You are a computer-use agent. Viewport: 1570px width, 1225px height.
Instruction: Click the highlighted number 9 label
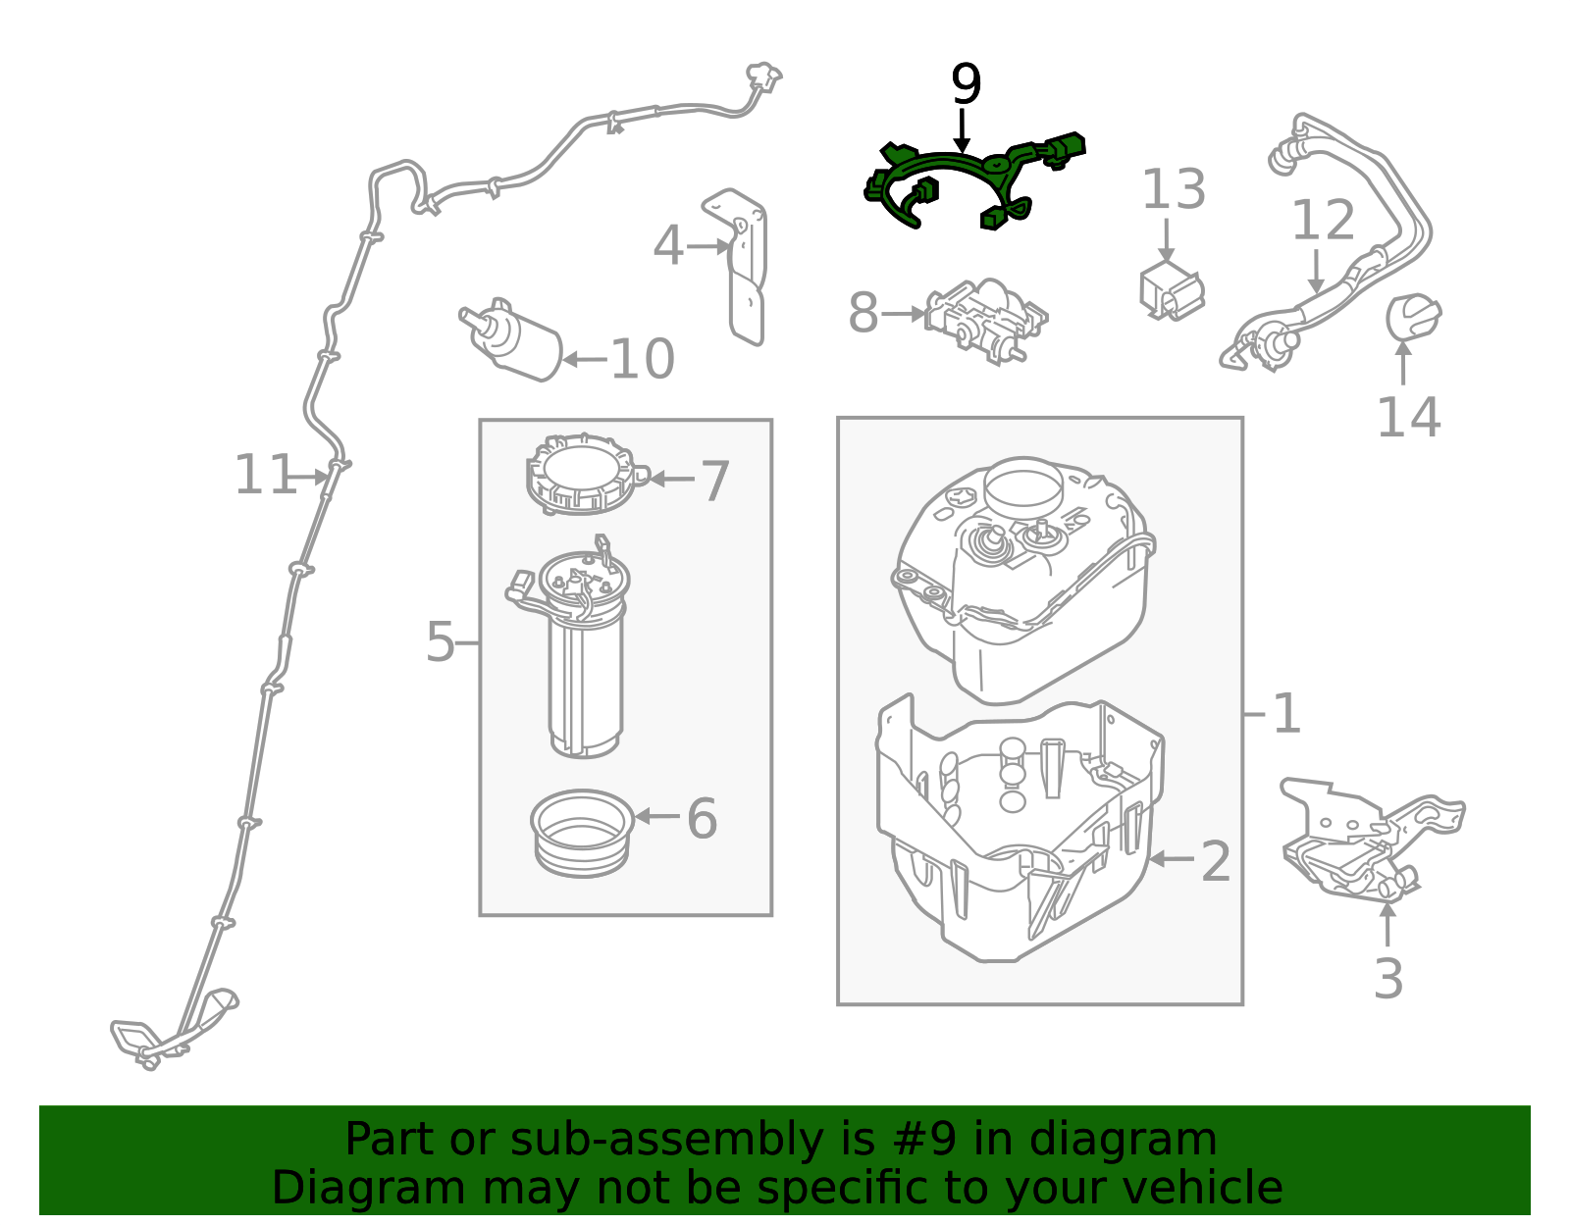(966, 83)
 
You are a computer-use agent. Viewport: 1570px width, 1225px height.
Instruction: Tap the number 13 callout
(1174, 190)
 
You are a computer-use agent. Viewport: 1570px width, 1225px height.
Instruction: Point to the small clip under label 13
(1172, 291)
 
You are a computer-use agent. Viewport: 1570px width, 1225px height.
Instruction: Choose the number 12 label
(1322, 220)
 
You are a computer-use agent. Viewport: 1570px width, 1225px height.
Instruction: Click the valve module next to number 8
(986, 322)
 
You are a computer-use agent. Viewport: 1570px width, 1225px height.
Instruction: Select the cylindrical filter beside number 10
(511, 339)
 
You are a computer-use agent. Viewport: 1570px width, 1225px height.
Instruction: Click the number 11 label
(265, 475)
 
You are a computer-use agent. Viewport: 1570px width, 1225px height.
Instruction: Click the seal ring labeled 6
(582, 833)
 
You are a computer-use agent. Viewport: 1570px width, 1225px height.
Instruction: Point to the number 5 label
(440, 641)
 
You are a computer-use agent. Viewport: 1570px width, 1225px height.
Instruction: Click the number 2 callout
(1216, 861)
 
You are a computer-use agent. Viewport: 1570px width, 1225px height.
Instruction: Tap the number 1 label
(1286, 714)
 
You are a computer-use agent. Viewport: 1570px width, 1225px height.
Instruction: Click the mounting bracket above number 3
(1373, 840)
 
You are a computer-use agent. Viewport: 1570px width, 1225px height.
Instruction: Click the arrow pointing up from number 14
(1403, 363)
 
